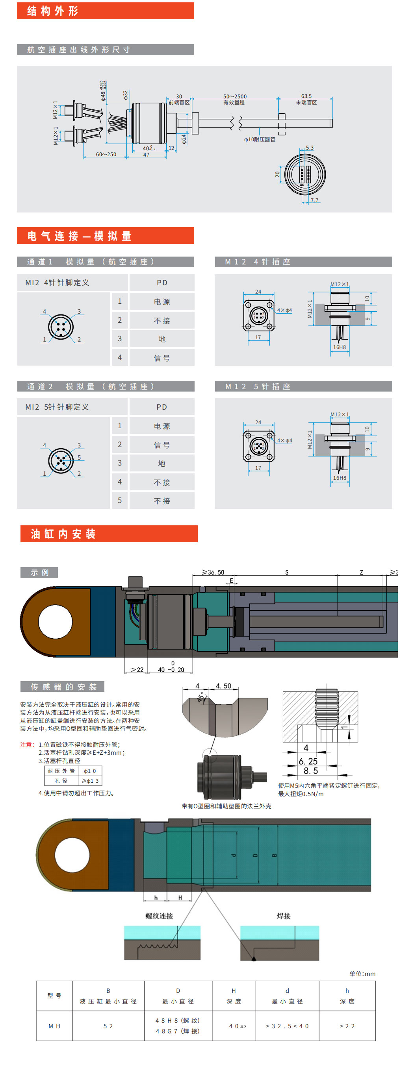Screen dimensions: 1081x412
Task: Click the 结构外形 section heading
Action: (52, 11)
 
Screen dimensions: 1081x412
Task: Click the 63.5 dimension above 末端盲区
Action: (306, 96)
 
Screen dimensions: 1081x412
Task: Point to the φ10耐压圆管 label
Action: (259, 139)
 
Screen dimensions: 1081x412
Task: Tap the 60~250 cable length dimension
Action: (106, 154)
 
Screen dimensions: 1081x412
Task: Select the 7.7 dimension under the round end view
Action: (314, 201)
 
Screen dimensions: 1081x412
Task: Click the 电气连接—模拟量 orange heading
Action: (80, 236)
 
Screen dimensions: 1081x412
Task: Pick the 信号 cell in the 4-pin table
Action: (162, 358)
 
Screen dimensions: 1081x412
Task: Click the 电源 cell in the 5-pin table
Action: (162, 426)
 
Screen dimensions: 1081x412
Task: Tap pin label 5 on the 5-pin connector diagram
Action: (79, 457)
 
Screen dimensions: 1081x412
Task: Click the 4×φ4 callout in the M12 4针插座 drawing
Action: (284, 310)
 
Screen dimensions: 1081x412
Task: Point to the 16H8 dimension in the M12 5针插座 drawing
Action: (340, 478)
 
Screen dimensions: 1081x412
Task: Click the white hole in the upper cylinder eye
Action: (56, 621)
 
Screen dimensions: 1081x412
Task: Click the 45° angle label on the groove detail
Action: (202, 697)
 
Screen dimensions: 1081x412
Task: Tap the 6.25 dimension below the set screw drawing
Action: (308, 761)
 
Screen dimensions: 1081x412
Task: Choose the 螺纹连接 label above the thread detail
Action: (159, 916)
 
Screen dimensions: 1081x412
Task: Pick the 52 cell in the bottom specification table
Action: (108, 1026)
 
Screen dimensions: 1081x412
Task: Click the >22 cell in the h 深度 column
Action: (347, 1026)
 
